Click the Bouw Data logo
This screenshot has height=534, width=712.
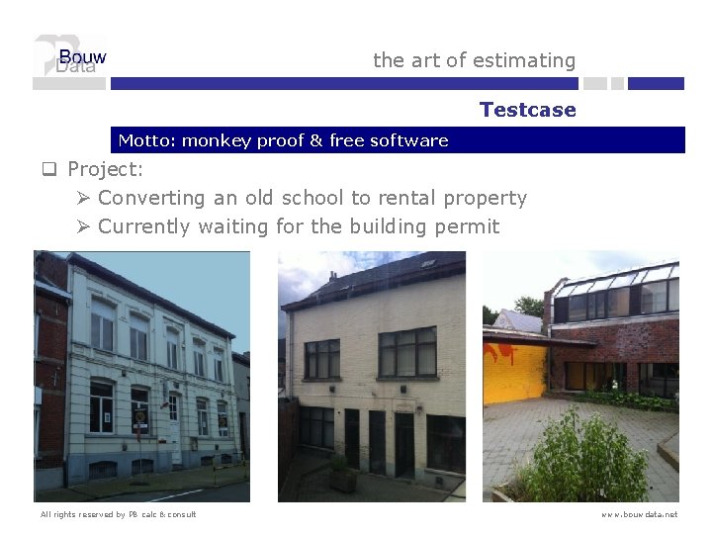tap(70, 61)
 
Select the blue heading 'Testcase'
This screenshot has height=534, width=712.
tap(527, 110)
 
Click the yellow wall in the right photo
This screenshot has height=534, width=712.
tap(515, 371)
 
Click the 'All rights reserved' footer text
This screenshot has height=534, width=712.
tap(119, 514)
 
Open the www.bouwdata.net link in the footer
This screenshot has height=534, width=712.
tap(640, 514)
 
